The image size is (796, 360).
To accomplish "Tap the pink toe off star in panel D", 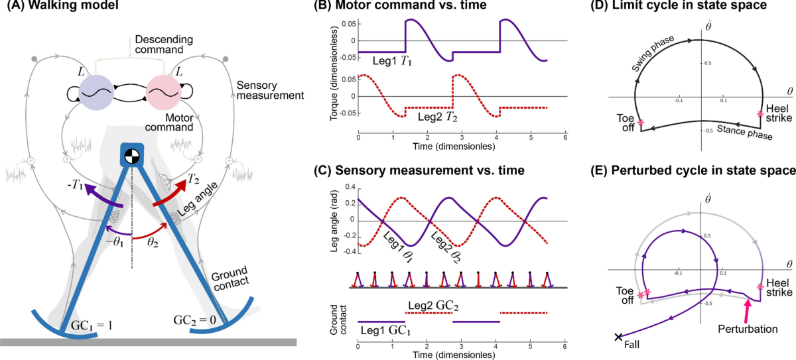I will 641,123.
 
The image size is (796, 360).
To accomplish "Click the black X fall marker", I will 618,337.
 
